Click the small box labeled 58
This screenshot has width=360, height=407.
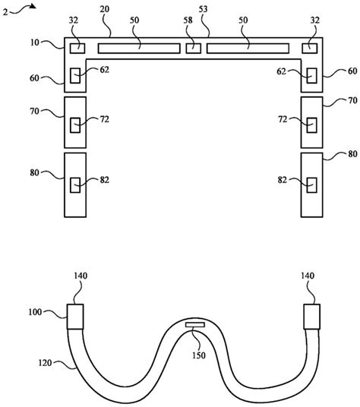194,49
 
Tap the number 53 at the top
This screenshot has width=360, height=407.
204,9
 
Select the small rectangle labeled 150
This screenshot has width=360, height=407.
195,325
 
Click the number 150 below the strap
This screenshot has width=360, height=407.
199,355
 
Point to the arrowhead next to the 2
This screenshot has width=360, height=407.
33,6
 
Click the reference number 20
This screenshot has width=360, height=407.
105,9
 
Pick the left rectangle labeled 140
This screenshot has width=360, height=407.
75,317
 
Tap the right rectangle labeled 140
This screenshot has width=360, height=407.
311,317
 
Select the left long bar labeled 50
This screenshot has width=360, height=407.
139,49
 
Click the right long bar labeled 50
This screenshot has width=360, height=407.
248,49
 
